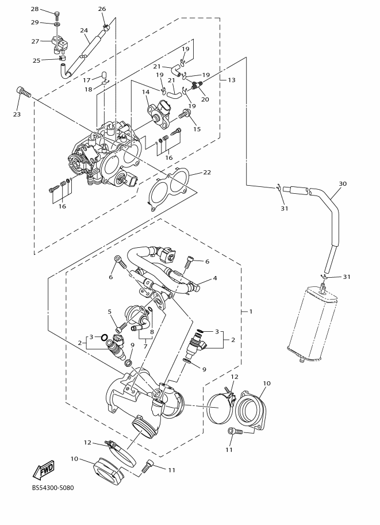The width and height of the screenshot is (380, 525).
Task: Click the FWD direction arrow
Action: pyautogui.click(x=44, y=469)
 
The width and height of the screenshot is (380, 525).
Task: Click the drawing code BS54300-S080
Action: pyautogui.click(x=53, y=488)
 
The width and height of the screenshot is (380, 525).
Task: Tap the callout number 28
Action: pyautogui.click(x=35, y=9)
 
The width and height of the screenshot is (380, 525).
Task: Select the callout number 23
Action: pyautogui.click(x=17, y=114)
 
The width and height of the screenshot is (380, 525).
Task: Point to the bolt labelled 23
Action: pyautogui.click(x=23, y=92)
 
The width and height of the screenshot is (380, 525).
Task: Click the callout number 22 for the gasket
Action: pyautogui.click(x=207, y=172)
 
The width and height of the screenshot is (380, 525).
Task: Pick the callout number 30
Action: pyautogui.click(x=343, y=183)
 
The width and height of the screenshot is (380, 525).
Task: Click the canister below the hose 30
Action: pyautogui.click(x=312, y=324)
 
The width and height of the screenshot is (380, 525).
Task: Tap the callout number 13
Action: pyautogui.click(x=232, y=80)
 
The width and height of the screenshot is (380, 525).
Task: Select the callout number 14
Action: pyautogui.click(x=145, y=92)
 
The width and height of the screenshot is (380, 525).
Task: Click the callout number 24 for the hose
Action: pyautogui.click(x=84, y=30)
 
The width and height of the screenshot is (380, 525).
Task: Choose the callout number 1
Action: pyautogui.click(x=251, y=312)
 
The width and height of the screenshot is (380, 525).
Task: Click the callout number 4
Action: pyautogui.click(x=215, y=278)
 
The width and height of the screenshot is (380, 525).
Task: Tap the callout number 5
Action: pyautogui.click(x=109, y=312)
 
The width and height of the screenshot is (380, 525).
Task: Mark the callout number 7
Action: pyautogui.click(x=145, y=347)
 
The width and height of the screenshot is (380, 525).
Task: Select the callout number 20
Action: pyautogui.click(x=205, y=99)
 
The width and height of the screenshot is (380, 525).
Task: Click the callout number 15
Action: pyautogui.click(x=197, y=129)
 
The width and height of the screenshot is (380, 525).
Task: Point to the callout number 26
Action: pyautogui.click(x=102, y=9)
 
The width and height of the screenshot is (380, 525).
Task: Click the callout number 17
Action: pyautogui.click(x=87, y=80)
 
